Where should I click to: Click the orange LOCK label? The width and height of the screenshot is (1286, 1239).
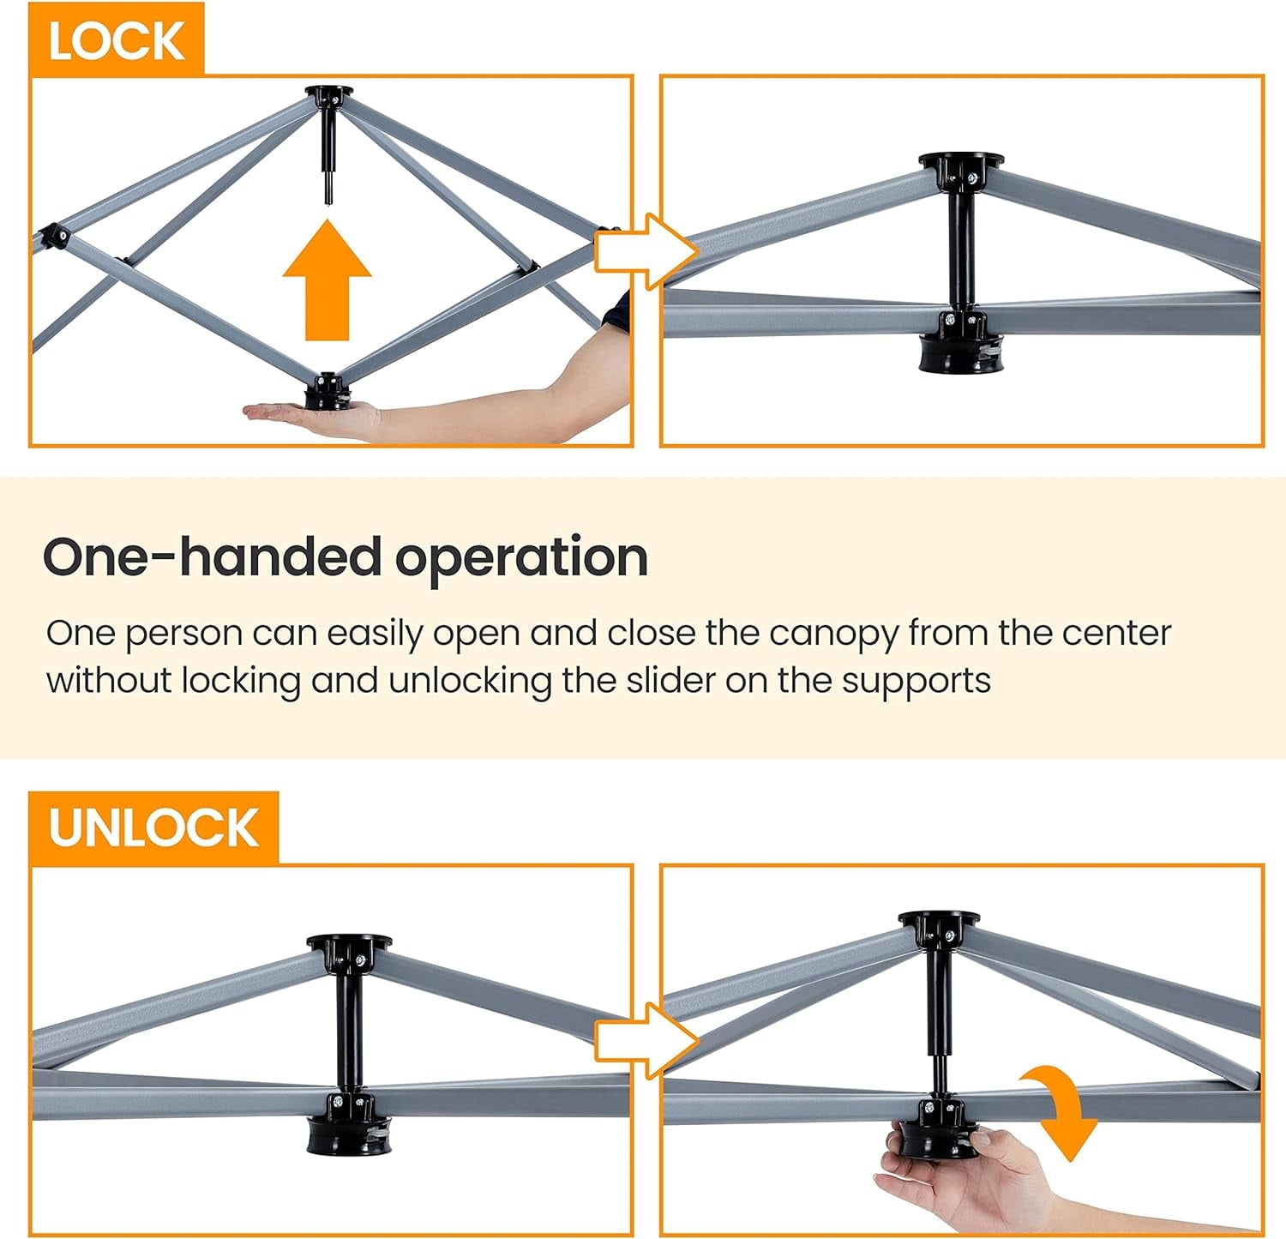coord(117,39)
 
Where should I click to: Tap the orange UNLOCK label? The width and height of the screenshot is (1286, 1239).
coord(154,827)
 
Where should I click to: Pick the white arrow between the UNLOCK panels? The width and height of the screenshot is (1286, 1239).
coord(646,1041)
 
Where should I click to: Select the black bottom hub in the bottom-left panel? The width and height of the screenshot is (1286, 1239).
coord(340,1127)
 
